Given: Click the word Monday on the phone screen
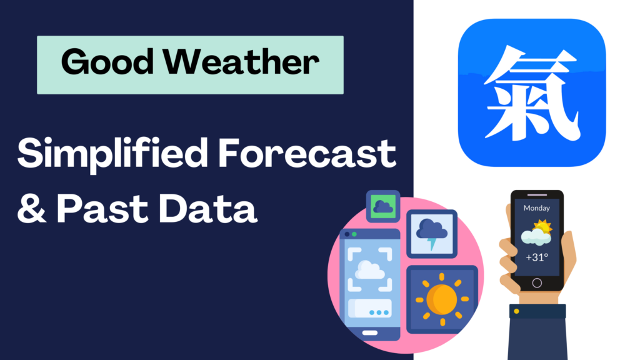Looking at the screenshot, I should pyautogui.click(x=536, y=208).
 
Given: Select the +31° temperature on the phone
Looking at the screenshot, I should pyautogui.click(x=536, y=257).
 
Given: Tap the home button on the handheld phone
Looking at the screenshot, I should pyautogui.click(x=536, y=282).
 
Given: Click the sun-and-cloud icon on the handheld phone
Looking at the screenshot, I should pyautogui.click(x=536, y=232).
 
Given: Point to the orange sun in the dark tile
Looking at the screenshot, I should pyautogui.click(x=441, y=299).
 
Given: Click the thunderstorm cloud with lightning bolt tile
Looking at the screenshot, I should pyautogui.click(x=431, y=232).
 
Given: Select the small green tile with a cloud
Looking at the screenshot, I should pyautogui.click(x=382, y=206).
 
